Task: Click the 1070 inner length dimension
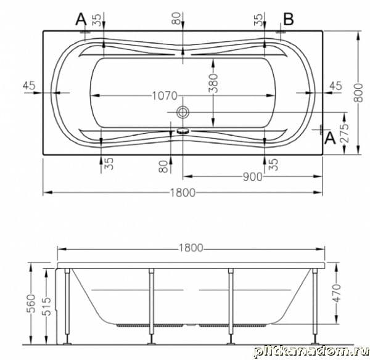165,96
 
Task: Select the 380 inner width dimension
213,83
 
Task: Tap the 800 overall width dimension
358,92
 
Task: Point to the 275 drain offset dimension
345,133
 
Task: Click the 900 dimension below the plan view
252,177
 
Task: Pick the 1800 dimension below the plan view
183,192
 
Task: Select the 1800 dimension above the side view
191,248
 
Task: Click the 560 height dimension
31,303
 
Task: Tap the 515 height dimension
46,306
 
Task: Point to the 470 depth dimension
337,293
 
